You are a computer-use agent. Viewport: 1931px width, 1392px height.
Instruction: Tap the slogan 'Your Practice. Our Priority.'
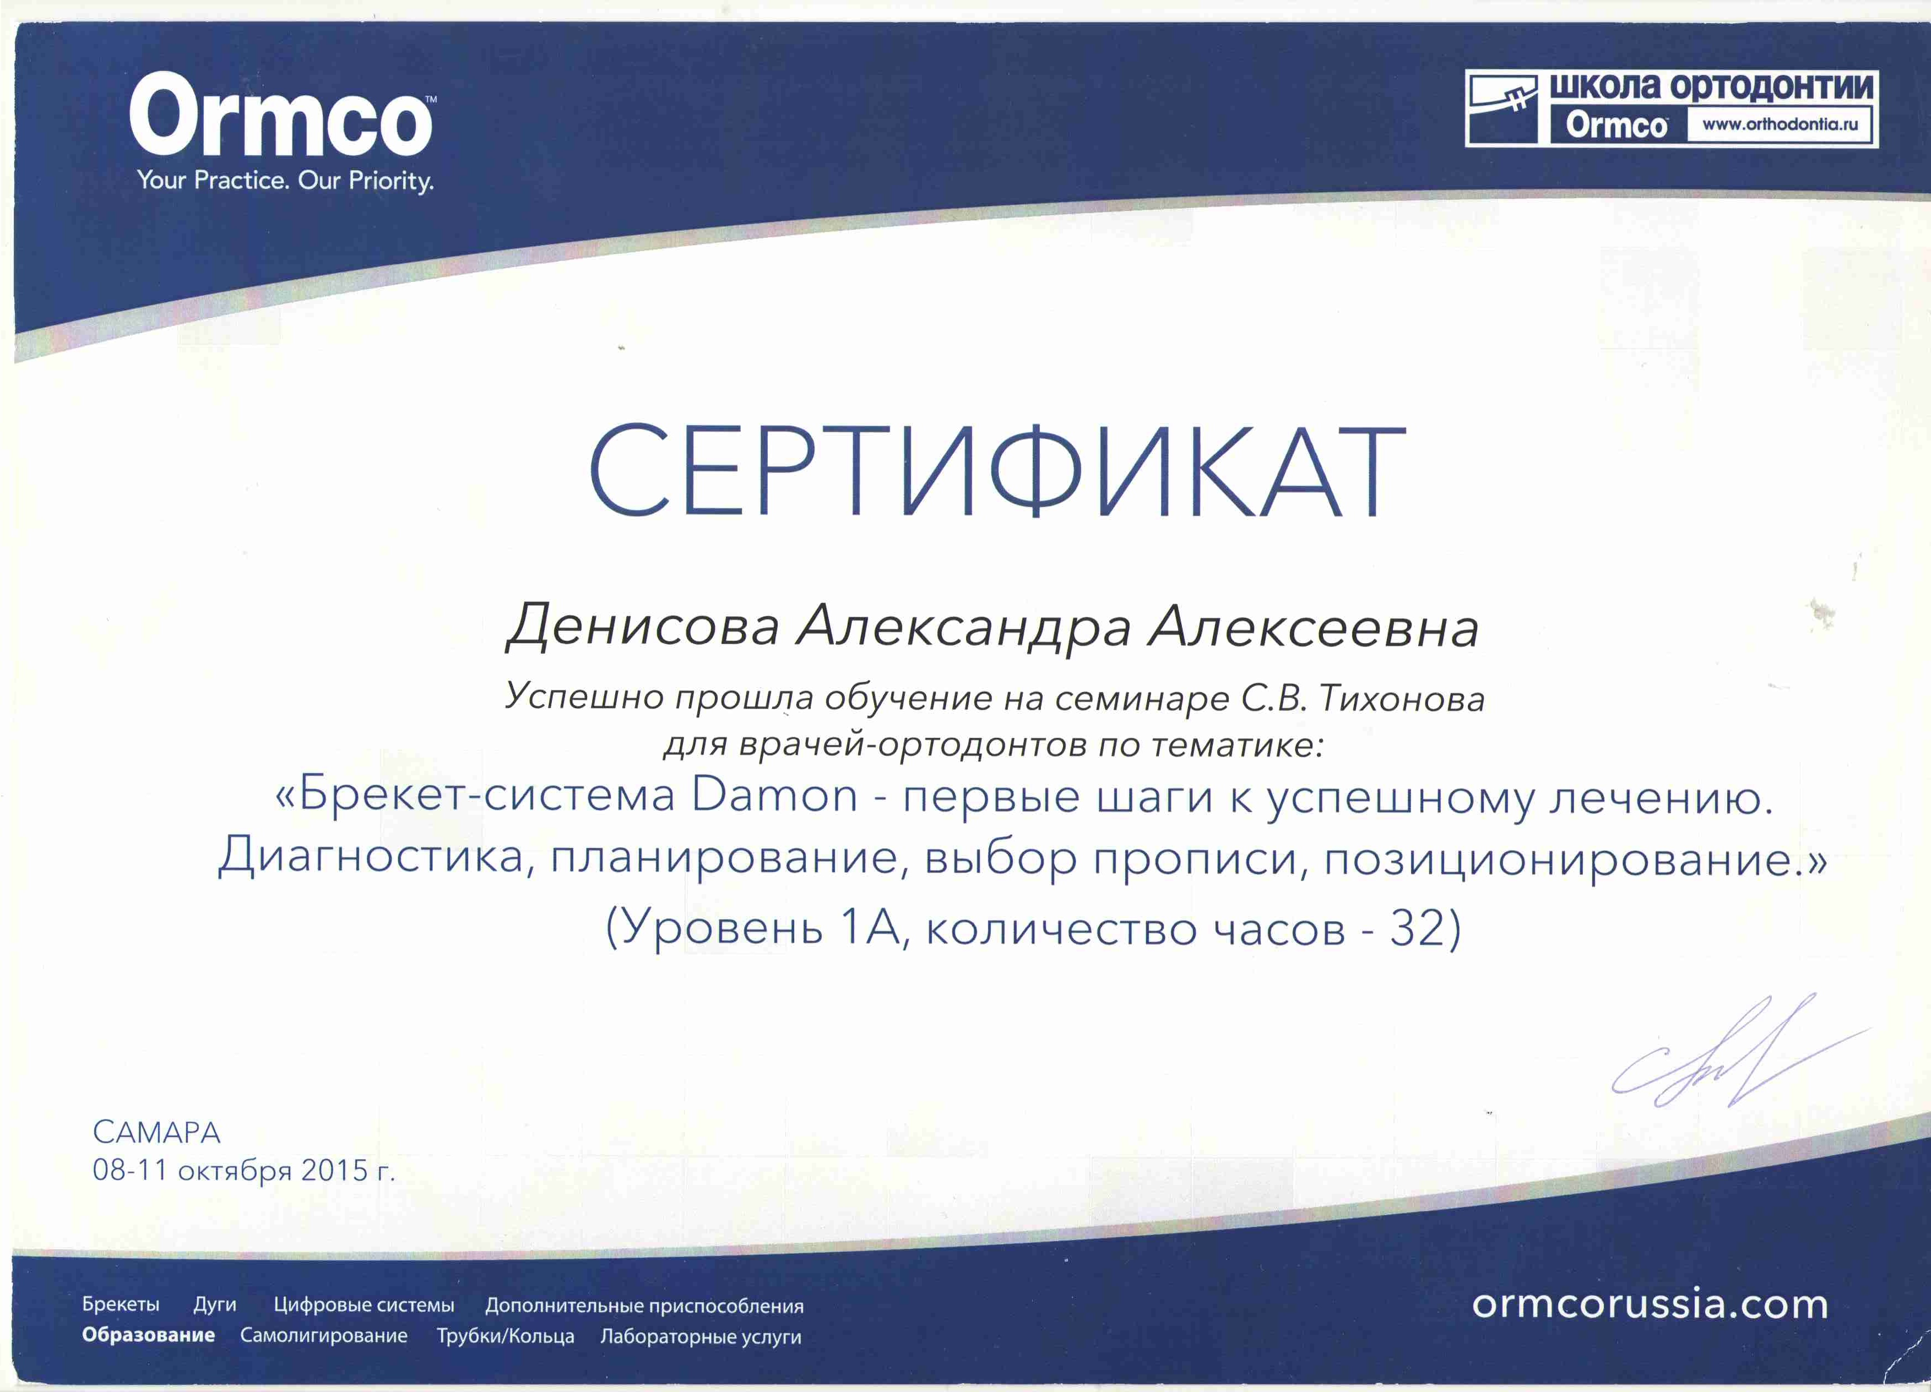285,181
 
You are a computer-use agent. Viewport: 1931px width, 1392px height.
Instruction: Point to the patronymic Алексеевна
1313,628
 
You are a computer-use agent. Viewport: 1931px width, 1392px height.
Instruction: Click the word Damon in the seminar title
775,796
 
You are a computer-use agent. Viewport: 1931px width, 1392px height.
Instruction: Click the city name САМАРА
156,1132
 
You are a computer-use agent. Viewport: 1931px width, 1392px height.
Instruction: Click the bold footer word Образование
148,1334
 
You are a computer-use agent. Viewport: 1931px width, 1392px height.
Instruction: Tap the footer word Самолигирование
323,1335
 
